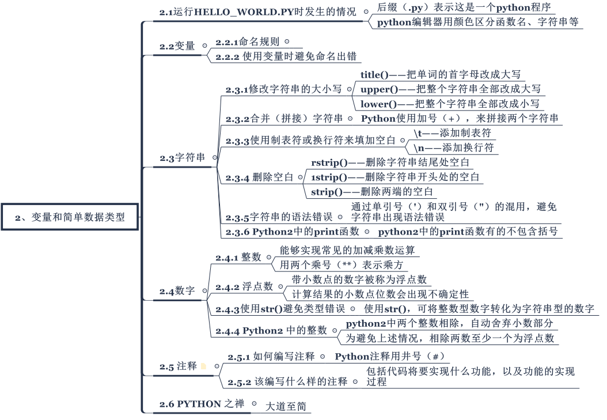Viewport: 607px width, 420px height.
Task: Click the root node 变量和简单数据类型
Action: [70, 217]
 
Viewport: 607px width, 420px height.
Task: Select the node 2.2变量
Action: [177, 46]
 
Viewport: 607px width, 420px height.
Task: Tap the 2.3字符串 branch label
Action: [182, 157]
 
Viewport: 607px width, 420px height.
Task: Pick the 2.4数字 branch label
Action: [177, 292]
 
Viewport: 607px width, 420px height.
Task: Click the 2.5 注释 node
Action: [179, 366]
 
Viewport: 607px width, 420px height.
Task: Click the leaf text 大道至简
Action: [285, 406]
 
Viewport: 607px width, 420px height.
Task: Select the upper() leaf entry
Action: [450, 89]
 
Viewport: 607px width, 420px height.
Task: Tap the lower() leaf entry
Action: [450, 104]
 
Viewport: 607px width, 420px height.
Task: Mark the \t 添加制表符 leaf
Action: [452, 133]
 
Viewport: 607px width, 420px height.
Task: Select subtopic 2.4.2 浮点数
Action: [241, 287]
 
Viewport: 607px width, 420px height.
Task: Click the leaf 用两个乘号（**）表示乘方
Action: [341, 265]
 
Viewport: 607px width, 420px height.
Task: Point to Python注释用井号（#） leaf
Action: [388, 356]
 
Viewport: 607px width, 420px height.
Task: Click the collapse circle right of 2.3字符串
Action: [215, 157]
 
